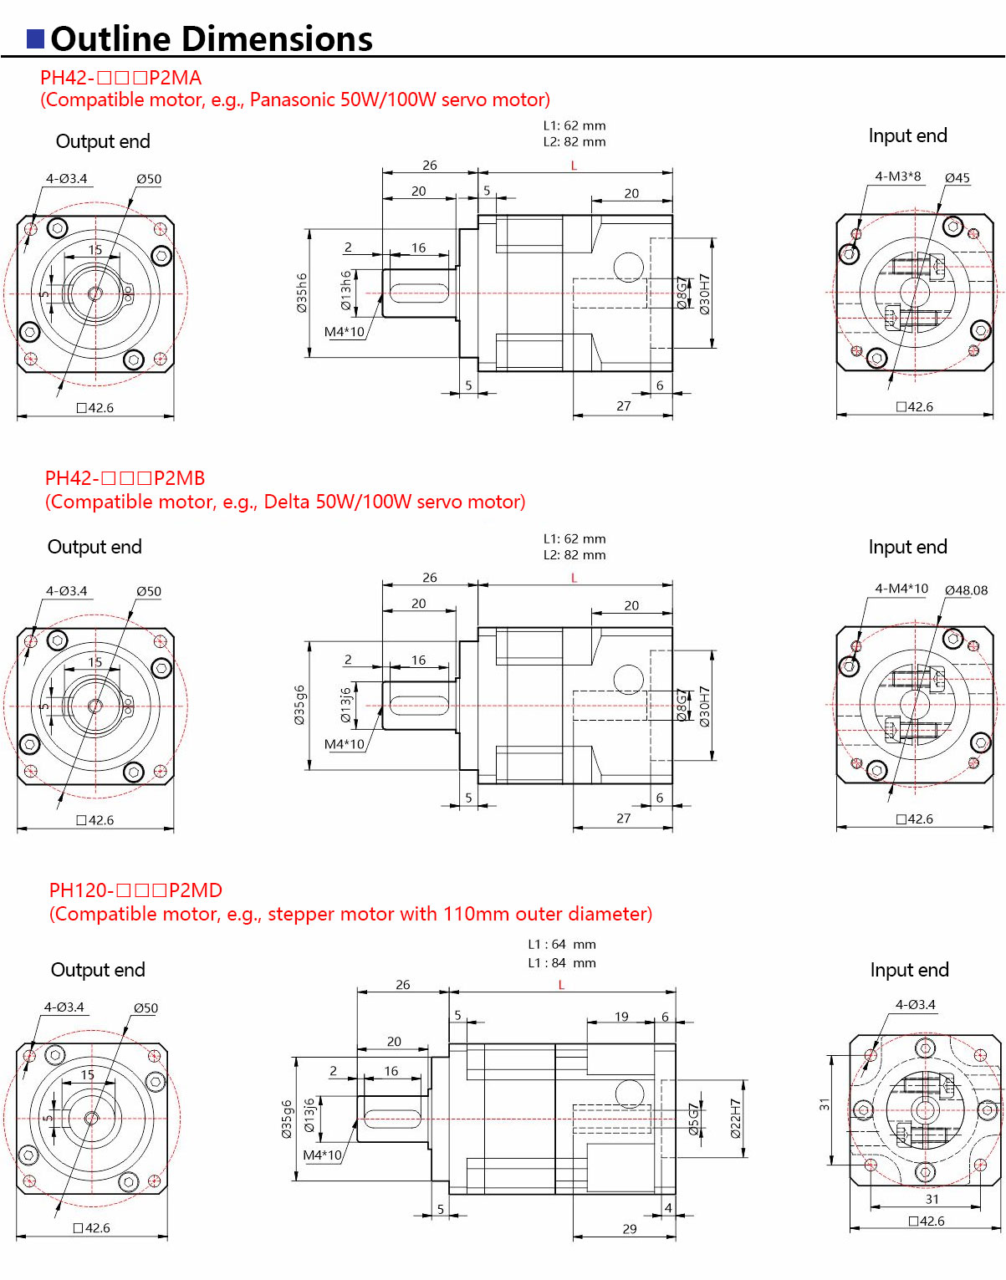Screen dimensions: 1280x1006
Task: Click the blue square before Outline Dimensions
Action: [36, 39]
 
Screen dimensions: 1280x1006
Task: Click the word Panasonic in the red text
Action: [292, 100]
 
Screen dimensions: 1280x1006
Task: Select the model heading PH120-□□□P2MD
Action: [135, 890]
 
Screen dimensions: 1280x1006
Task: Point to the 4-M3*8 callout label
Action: [897, 176]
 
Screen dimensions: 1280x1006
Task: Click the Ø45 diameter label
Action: [957, 178]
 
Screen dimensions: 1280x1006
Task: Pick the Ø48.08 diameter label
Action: [966, 590]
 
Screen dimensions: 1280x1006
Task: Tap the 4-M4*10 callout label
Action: [901, 589]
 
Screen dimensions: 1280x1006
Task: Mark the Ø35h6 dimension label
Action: [301, 293]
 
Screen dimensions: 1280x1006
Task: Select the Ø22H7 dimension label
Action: [736, 1119]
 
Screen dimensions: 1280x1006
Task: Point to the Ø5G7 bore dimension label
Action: [693, 1119]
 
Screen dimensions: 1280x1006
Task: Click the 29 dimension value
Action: [629, 1228]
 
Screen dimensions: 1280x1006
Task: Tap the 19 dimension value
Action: [621, 1017]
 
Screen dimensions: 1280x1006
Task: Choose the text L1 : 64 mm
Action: [561, 944]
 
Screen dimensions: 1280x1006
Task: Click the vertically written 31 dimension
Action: [825, 1104]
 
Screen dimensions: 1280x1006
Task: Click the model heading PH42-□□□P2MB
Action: [125, 478]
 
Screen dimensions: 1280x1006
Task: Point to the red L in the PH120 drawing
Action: [561, 985]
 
